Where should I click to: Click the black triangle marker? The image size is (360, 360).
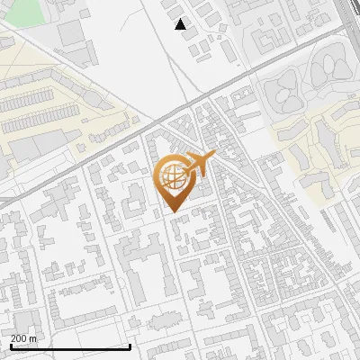(181, 24)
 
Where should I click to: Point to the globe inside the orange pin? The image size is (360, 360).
(174, 175)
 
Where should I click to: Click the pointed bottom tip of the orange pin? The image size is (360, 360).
(174, 211)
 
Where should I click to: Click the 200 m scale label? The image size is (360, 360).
(23, 337)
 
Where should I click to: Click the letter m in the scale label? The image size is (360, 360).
(33, 337)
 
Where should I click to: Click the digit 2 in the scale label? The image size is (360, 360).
(13, 337)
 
